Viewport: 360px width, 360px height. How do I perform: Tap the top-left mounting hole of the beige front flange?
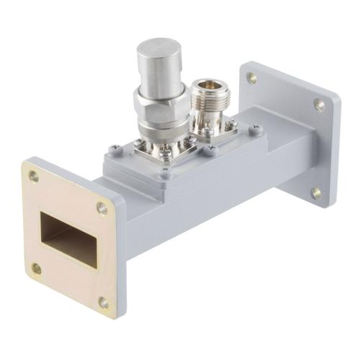pyautogui.click(x=34, y=176)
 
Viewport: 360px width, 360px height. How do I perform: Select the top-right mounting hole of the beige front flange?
pyautogui.click(x=102, y=208)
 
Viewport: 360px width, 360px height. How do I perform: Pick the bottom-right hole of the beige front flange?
pyautogui.click(x=104, y=302)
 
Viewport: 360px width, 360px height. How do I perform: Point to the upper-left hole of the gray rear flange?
pyautogui.click(x=252, y=78)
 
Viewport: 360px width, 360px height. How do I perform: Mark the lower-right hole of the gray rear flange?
pyautogui.click(x=316, y=193)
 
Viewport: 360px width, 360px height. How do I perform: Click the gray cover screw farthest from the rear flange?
pyautogui.click(x=114, y=150)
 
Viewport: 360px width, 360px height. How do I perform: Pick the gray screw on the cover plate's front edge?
pyautogui.click(x=165, y=173)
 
